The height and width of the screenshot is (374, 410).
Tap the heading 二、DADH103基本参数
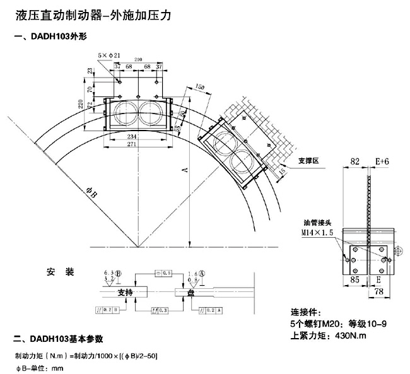[x=57, y=338]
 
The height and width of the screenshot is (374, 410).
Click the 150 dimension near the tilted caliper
[x=201, y=86]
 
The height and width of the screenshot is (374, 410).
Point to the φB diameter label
[x=91, y=194]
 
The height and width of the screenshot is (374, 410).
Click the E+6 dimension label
[x=382, y=162]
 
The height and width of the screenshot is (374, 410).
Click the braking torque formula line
[x=85, y=356]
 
